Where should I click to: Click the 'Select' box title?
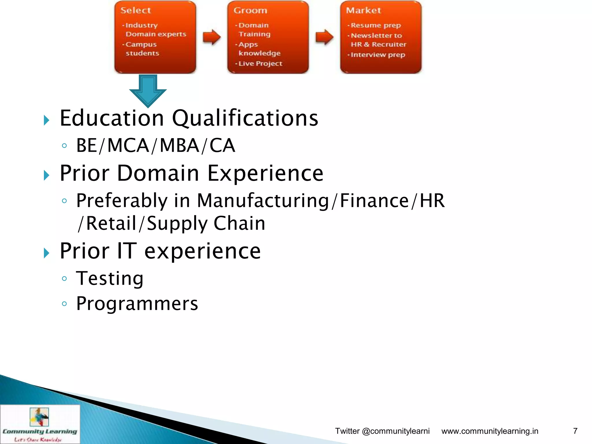point(136,10)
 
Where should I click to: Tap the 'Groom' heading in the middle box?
point(250,10)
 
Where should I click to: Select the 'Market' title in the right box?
point(363,10)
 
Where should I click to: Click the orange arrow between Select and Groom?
point(212,37)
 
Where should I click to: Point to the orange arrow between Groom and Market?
point(324,37)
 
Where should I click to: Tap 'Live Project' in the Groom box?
point(260,64)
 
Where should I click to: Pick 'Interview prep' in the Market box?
point(378,55)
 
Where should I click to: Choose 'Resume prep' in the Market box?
point(375,25)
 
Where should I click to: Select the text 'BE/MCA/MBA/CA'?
point(156,145)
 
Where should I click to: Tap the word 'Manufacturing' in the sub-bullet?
point(263,200)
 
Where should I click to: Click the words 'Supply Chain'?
point(206,223)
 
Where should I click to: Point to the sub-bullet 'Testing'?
point(110,278)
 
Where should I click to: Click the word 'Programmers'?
point(137,304)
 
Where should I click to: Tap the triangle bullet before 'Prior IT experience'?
point(47,253)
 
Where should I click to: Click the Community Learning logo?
point(40,424)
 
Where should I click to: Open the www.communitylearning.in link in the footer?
point(490,431)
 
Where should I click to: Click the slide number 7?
point(575,431)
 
